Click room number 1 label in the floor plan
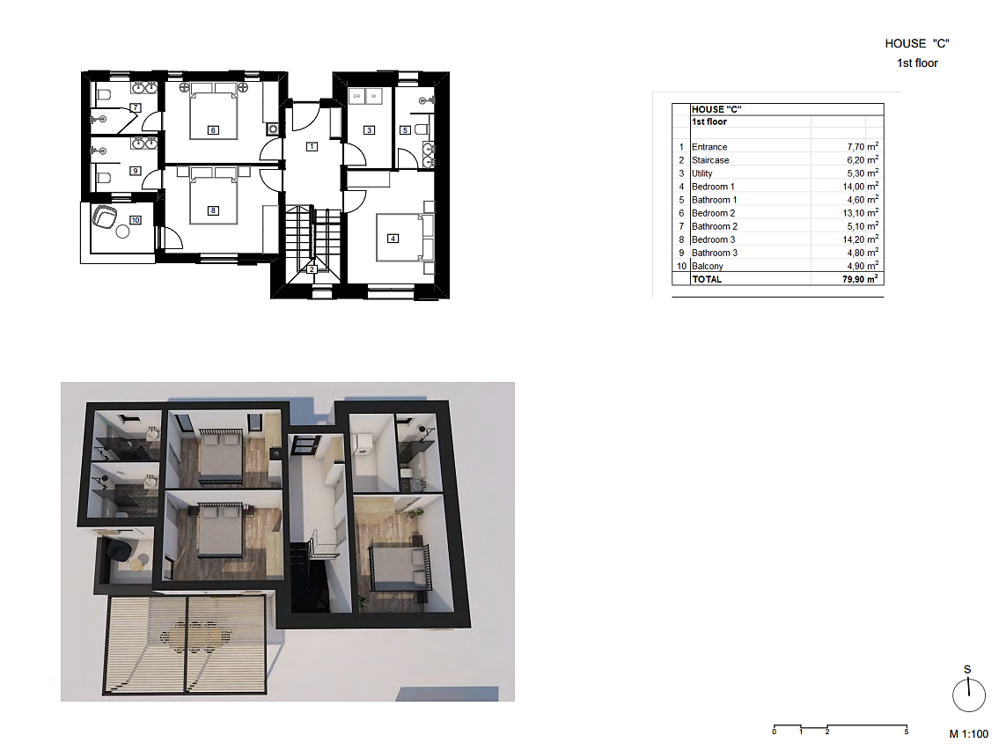coord(312,146)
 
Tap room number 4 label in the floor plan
coord(393,238)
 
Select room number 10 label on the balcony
coord(136,220)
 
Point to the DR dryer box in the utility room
coord(356,96)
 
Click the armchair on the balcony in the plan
coord(105,217)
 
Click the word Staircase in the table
coord(710,160)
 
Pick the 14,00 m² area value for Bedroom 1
coord(861,186)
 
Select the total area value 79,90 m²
coord(861,279)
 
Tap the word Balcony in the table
coord(708,266)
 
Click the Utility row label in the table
coord(701,174)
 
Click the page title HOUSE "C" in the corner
coord(917,44)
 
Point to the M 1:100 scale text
coord(969,734)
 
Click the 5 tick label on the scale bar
coord(907,732)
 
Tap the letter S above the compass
coord(967,670)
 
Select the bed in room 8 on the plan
coord(214,195)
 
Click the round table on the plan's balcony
coord(122,232)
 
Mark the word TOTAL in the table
coord(707,279)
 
